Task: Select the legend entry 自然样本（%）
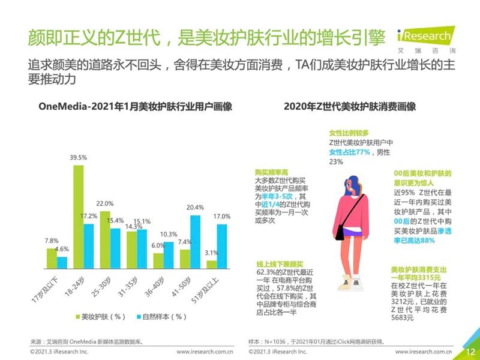click(x=155, y=316)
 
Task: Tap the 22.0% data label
click(x=105, y=204)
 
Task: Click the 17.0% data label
click(x=221, y=216)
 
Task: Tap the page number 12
click(x=470, y=351)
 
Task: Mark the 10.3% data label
click(x=169, y=234)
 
